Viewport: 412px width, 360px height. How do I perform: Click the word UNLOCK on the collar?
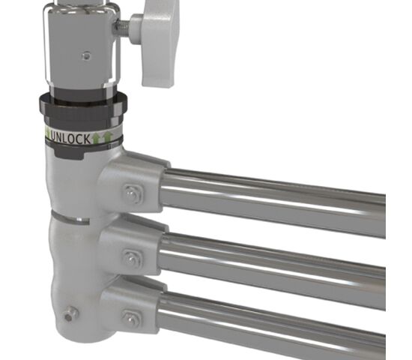(x=70, y=138)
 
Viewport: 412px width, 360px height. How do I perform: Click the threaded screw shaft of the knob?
(x=122, y=28)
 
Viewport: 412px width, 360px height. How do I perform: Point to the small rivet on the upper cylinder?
(x=86, y=55)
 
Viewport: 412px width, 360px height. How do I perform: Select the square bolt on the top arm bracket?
(x=133, y=194)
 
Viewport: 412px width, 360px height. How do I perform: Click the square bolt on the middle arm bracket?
(x=133, y=258)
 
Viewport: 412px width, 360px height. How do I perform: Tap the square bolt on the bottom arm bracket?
(x=132, y=319)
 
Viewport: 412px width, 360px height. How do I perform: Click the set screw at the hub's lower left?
(x=70, y=314)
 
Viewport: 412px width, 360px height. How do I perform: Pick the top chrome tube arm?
(x=273, y=201)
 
